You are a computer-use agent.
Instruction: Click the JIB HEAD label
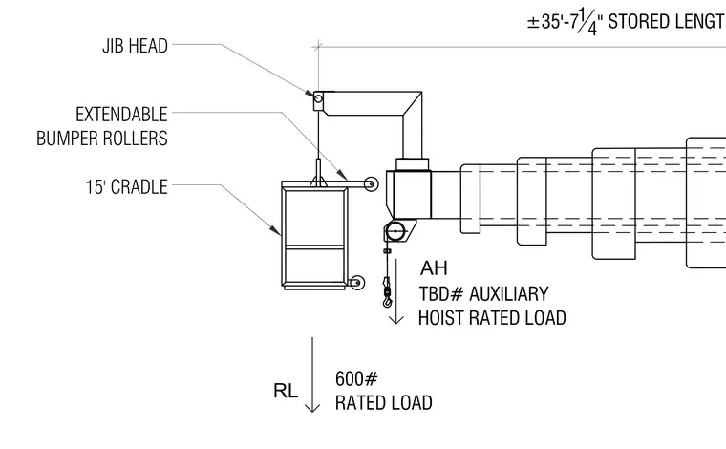(136, 46)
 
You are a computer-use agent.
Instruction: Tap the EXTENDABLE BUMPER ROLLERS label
(102, 126)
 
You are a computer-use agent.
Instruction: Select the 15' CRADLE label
(126, 187)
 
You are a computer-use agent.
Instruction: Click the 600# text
(356, 378)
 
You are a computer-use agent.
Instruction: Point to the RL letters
(286, 391)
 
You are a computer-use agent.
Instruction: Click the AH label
(434, 268)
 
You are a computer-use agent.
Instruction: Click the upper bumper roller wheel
(371, 184)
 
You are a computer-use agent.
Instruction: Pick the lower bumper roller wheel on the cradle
(357, 283)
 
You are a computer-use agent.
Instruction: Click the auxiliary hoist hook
(387, 296)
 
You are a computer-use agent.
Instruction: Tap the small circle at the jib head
(318, 98)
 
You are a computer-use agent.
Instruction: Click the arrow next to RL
(312, 374)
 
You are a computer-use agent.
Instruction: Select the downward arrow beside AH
(395, 291)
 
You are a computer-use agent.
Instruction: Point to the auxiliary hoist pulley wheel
(395, 231)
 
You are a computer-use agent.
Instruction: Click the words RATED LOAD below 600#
(383, 403)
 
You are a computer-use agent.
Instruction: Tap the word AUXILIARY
(509, 294)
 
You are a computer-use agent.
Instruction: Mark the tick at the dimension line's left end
(318, 46)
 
